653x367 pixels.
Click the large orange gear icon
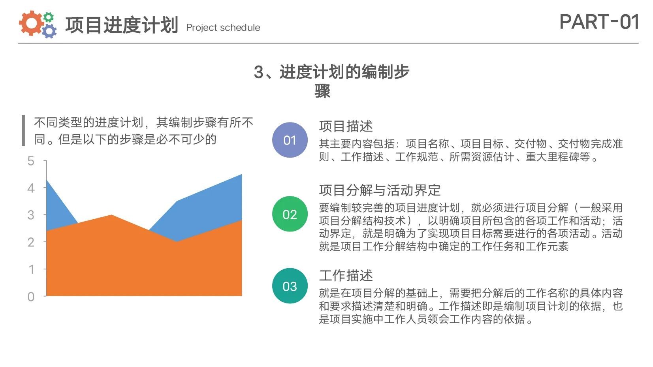click(x=30, y=23)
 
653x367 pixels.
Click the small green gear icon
click(x=48, y=17)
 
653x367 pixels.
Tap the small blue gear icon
click(x=49, y=31)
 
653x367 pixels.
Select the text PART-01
click(x=599, y=22)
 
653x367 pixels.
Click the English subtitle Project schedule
click(x=223, y=28)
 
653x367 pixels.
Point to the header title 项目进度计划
click(x=122, y=25)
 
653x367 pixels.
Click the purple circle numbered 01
click(x=290, y=140)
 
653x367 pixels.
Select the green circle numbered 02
click(x=290, y=214)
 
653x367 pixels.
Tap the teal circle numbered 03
click(x=290, y=286)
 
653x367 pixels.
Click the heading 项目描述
click(x=346, y=126)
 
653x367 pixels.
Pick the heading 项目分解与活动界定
click(x=380, y=190)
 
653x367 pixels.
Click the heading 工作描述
click(x=346, y=275)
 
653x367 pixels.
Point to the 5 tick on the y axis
click(x=31, y=161)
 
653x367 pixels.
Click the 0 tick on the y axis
click(x=31, y=297)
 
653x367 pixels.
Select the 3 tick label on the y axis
click(x=31, y=215)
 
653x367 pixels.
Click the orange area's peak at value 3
click(x=111, y=215)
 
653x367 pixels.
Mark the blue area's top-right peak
click(x=242, y=174)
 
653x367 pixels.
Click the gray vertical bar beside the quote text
click(x=23, y=130)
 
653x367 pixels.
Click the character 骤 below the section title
click(x=322, y=91)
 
